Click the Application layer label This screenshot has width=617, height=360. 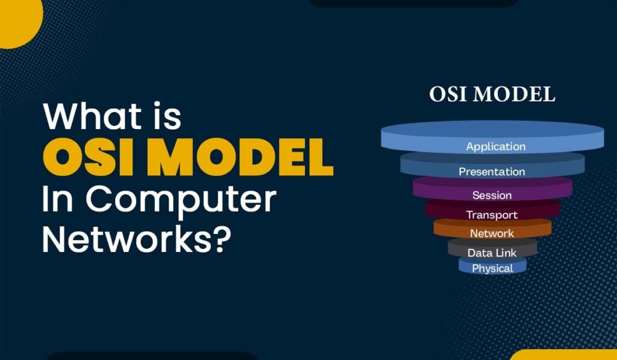495,147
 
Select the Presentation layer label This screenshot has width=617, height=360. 492,172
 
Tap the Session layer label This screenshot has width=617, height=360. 492,195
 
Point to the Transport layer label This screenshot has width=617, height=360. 492,215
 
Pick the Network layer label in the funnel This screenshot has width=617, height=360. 492,233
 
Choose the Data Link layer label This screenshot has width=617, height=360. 492,253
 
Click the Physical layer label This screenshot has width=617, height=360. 492,268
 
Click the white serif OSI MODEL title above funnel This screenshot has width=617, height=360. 492,95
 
